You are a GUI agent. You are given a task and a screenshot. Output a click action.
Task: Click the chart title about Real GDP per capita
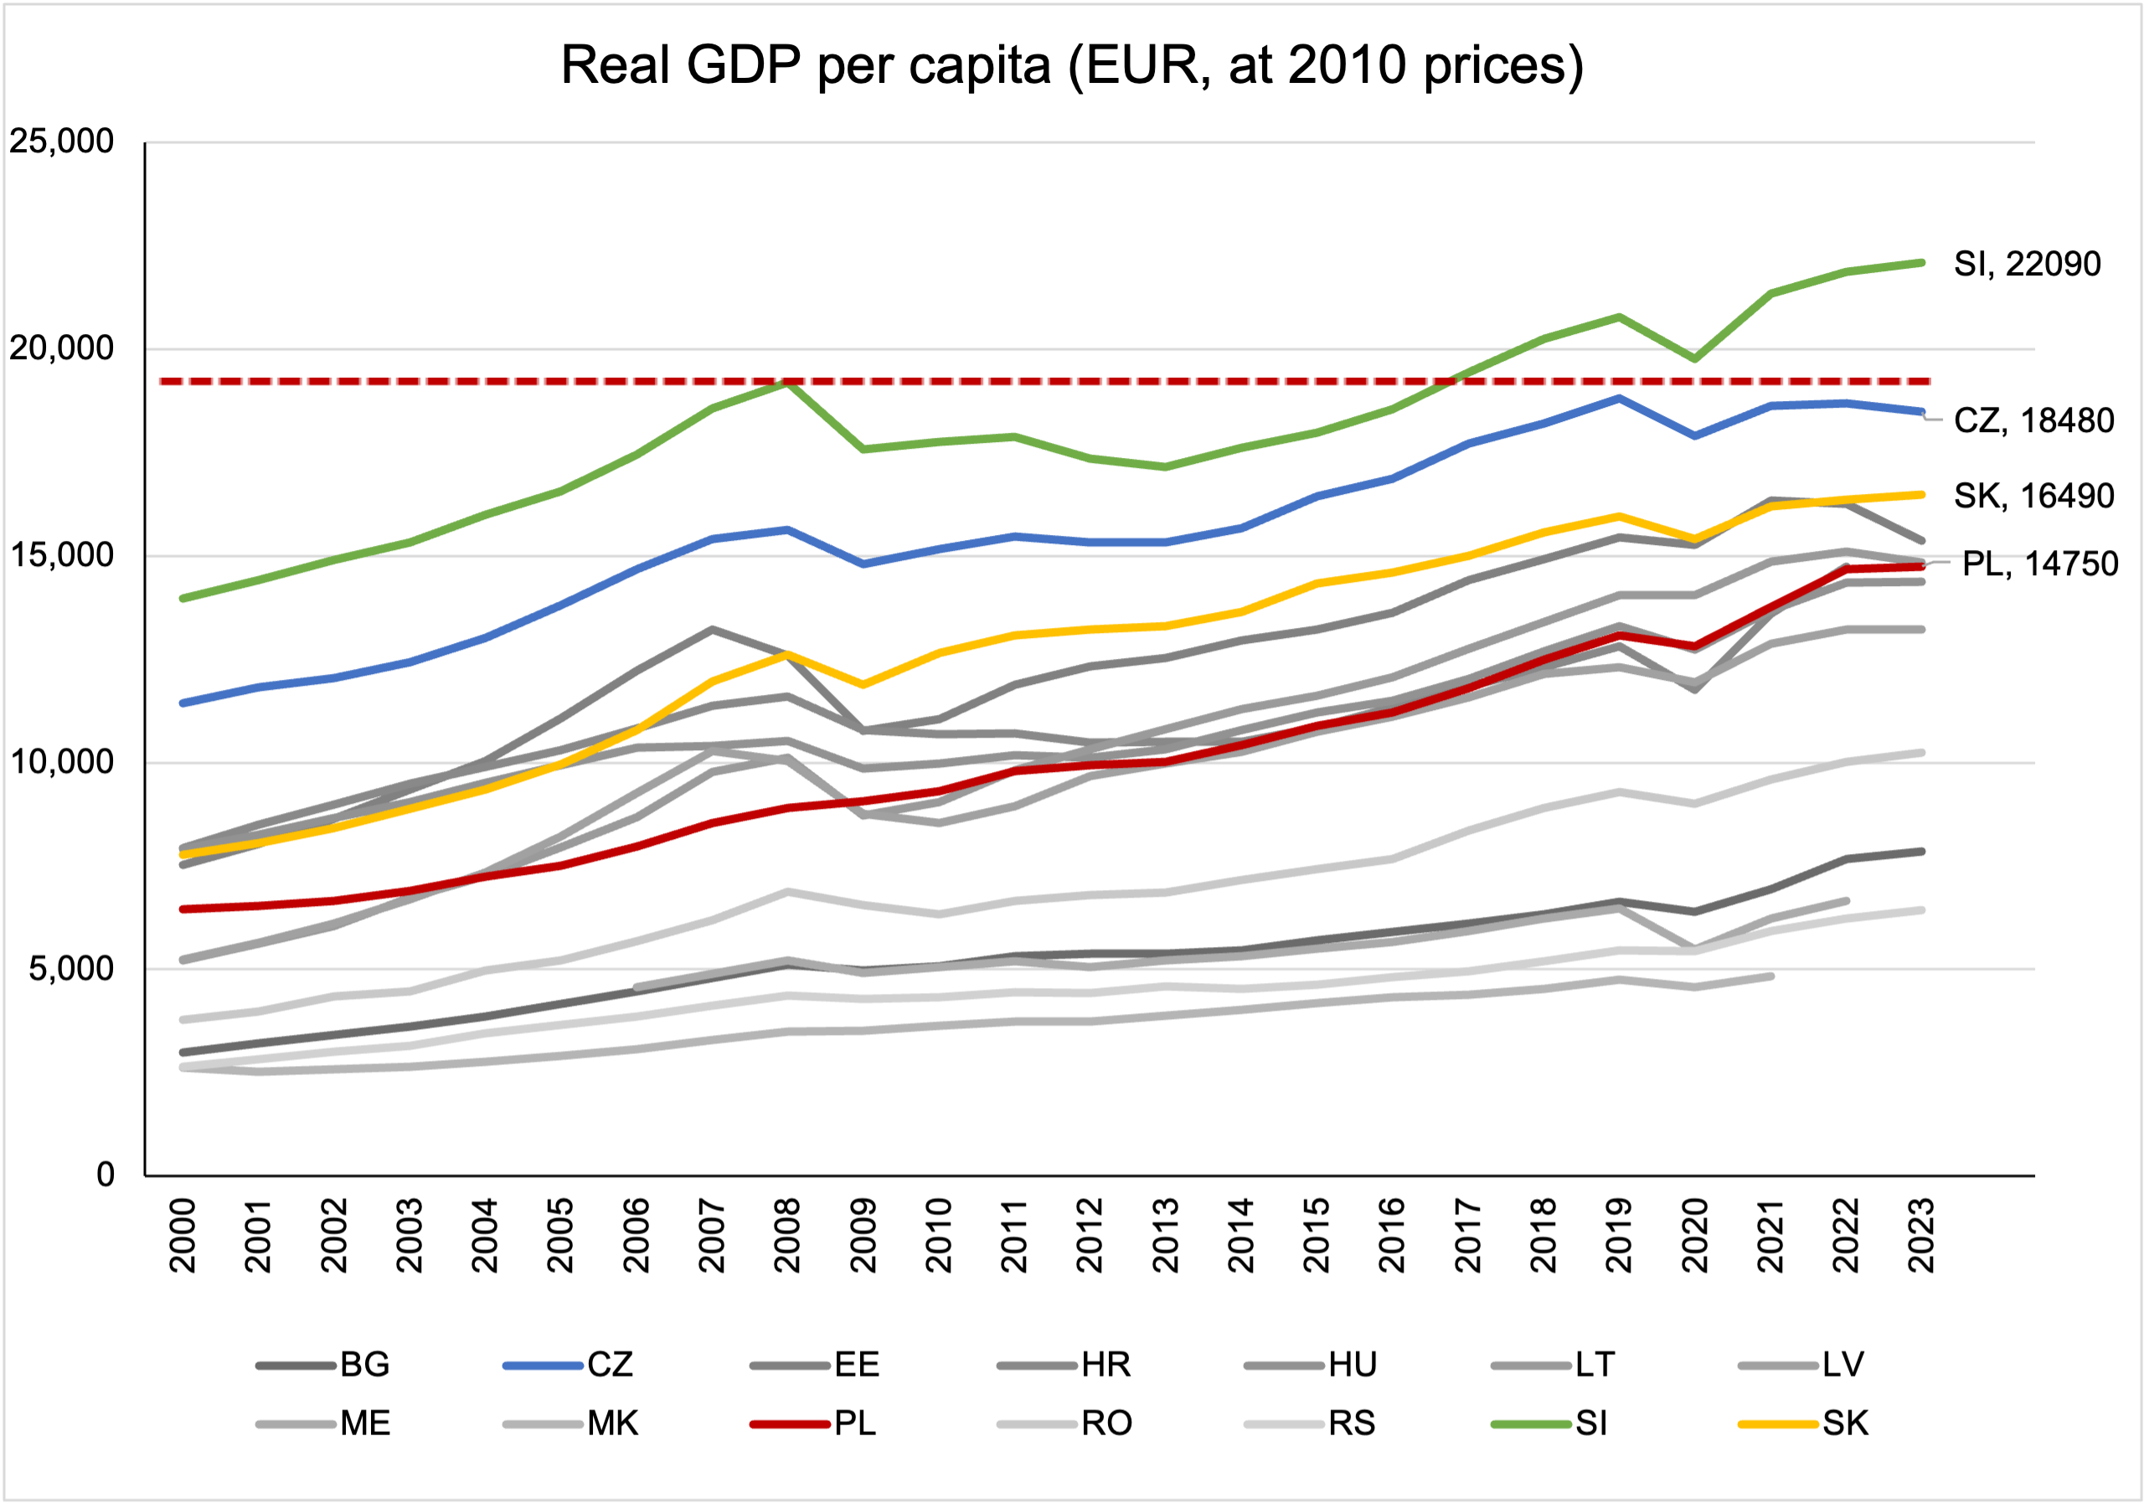[x=1072, y=65]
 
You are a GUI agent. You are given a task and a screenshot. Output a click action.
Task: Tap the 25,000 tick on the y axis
[x=62, y=142]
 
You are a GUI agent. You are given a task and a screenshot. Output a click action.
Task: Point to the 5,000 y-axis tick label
[x=71, y=968]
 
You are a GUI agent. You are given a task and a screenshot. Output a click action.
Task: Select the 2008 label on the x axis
[x=787, y=1235]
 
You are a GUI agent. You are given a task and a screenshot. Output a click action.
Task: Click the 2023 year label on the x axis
[x=1921, y=1235]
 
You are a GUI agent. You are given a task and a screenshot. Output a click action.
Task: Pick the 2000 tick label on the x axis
[x=183, y=1235]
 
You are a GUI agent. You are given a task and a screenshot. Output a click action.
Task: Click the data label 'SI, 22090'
[x=2027, y=264]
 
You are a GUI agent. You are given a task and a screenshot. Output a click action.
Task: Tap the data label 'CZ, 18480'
[x=2033, y=420]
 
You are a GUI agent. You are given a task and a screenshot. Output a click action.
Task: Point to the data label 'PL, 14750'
[x=2039, y=564]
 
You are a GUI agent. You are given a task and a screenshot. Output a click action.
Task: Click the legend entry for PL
[x=854, y=1423]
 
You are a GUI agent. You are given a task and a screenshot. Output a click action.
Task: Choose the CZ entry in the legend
[x=610, y=1365]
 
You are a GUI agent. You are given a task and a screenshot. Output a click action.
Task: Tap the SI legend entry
[x=1590, y=1423]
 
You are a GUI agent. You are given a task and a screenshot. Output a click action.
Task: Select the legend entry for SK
[x=1844, y=1423]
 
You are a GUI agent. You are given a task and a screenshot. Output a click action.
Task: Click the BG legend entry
[x=363, y=1365]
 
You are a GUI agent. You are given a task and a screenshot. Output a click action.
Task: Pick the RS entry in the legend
[x=1351, y=1423]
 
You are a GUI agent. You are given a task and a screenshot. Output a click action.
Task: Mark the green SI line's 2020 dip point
[x=1694, y=358]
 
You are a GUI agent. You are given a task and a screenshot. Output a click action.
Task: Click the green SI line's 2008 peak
[x=788, y=382]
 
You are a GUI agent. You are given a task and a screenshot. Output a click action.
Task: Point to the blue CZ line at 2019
[x=1618, y=399]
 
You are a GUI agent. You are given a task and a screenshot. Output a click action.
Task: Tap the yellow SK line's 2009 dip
[x=863, y=684]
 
